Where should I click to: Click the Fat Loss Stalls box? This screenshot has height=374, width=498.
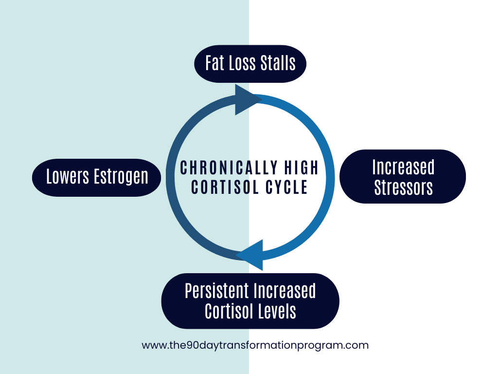coord(250,63)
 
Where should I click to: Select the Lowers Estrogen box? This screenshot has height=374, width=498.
coord(97,177)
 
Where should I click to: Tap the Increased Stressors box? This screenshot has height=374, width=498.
coord(403,177)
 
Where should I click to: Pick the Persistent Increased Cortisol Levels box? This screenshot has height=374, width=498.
coord(250,301)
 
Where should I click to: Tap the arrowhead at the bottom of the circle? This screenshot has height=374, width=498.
coord(251,255)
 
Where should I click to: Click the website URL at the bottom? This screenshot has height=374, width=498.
coord(255,345)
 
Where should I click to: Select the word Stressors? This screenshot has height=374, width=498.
coord(403,187)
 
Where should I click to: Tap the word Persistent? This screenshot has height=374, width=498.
coord(216,291)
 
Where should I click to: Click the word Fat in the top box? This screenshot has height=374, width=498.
coord(214,63)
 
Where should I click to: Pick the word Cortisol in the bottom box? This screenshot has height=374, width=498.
coord(227,311)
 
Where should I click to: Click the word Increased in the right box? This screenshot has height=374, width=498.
coord(403,167)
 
